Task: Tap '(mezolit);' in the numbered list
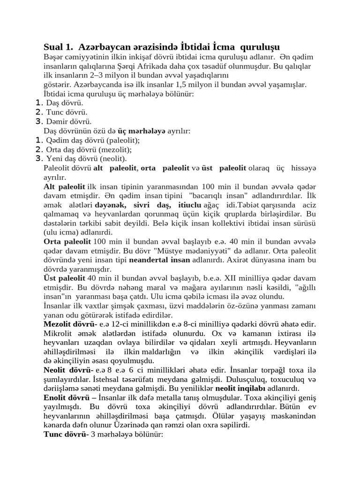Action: coord(116,150)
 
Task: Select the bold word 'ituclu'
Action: coord(187,205)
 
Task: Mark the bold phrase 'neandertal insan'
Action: coord(159,260)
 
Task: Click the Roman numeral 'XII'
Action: coord(239,278)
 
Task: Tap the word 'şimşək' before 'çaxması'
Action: coord(127,306)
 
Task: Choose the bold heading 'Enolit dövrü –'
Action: coord(67,398)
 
